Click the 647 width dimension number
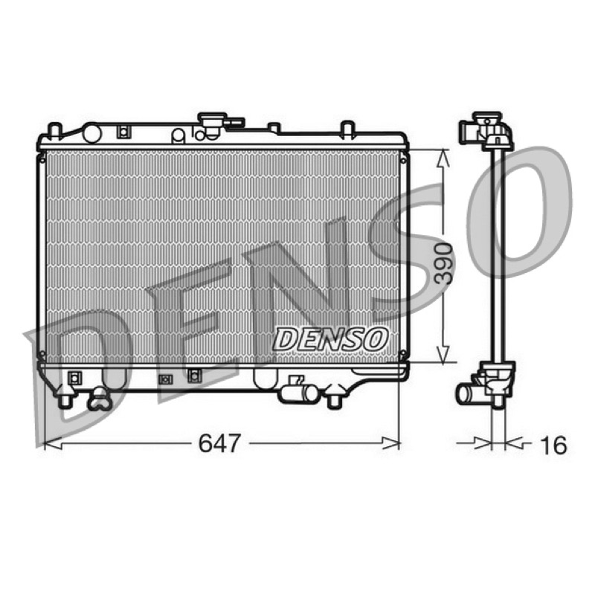coord(219,443)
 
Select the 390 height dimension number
coord(443,264)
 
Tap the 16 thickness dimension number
coord(553,445)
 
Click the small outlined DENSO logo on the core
coord(330,338)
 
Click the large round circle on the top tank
coord(91,133)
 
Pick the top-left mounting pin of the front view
coord(55,130)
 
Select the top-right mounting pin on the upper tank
coord(347,127)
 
